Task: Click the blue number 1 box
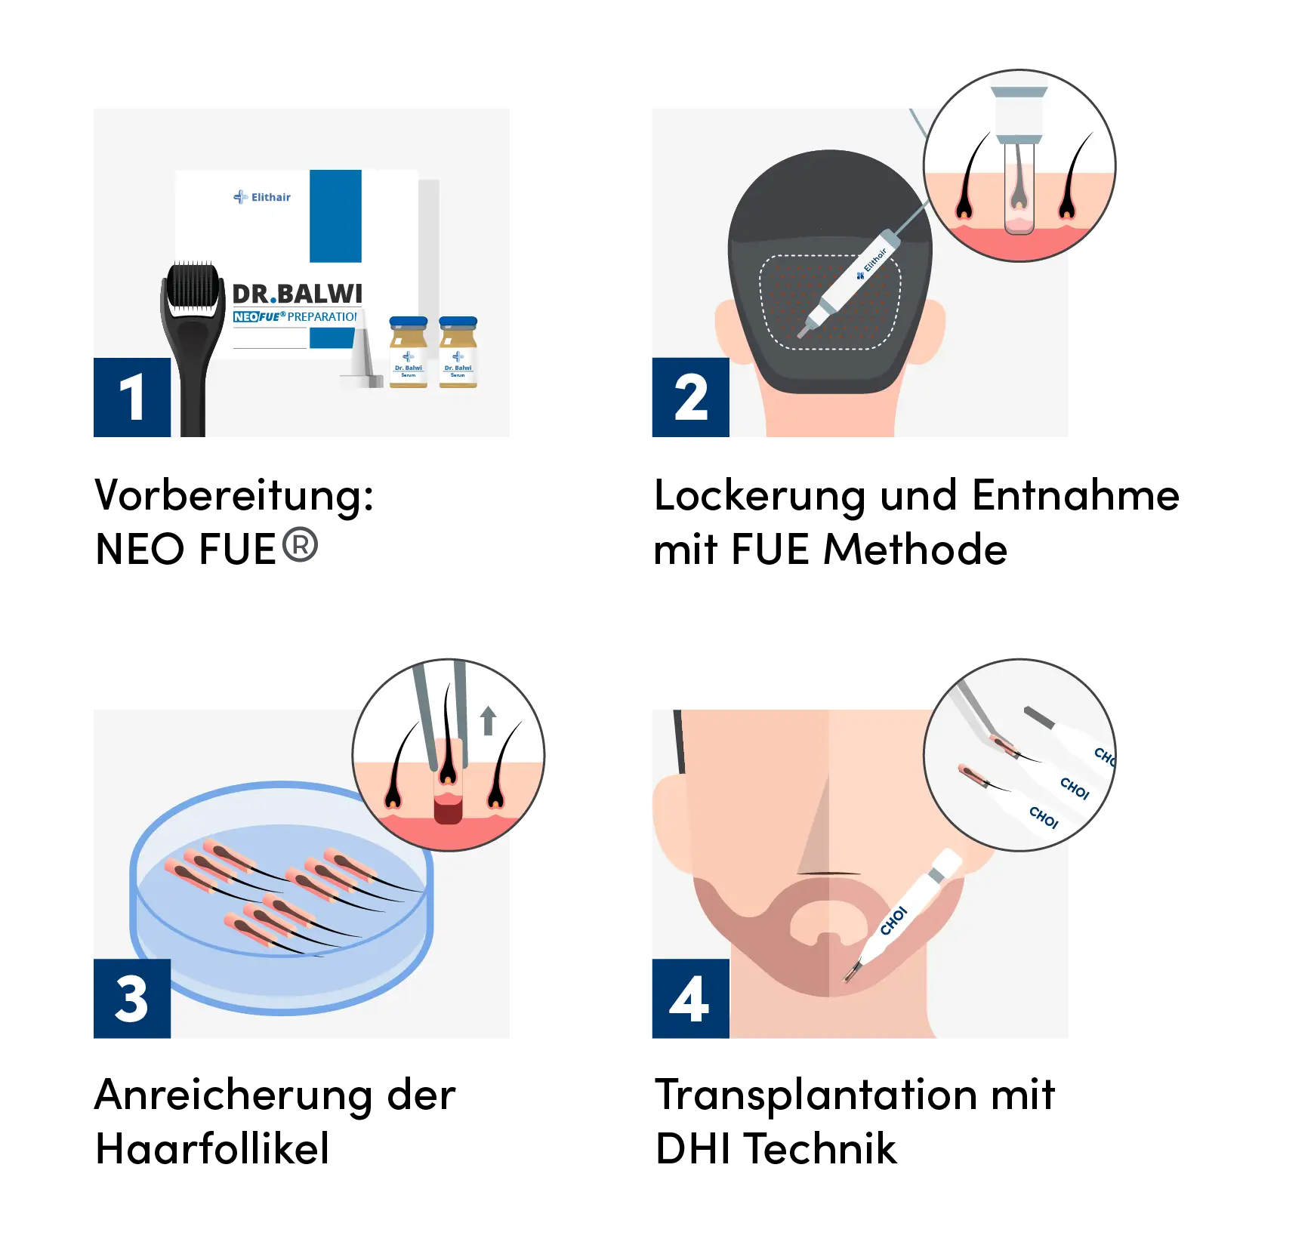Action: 131,398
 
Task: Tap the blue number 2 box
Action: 689,398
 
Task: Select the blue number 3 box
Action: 131,998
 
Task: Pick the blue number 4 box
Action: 689,998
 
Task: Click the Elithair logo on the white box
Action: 262,197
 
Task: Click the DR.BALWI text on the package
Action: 297,294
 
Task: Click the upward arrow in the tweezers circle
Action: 488,720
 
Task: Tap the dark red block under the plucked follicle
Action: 447,812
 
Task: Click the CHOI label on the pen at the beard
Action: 893,920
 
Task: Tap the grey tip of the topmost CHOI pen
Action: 1037,717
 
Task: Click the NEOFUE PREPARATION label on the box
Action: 295,316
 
